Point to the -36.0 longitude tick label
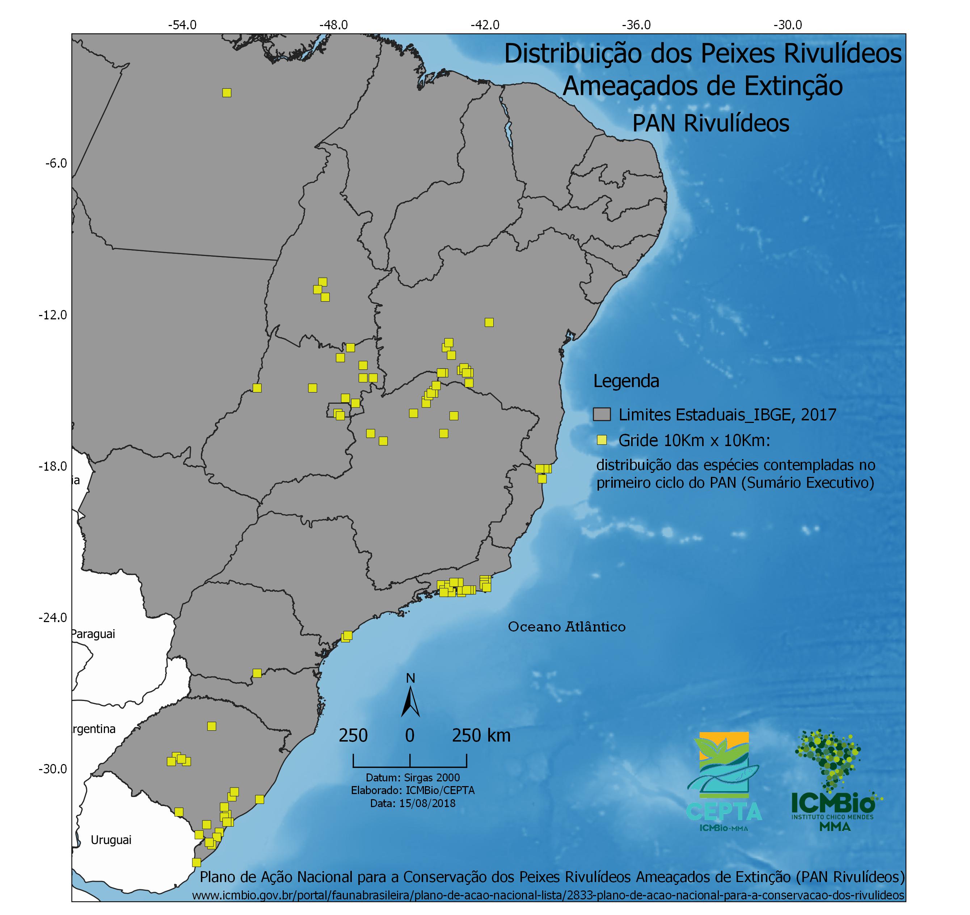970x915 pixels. click(x=636, y=25)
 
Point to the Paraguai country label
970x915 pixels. click(x=94, y=634)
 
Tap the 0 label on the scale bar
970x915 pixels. click(x=409, y=735)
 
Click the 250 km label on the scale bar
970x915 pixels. click(x=481, y=735)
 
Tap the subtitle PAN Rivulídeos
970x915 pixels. click(x=710, y=123)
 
